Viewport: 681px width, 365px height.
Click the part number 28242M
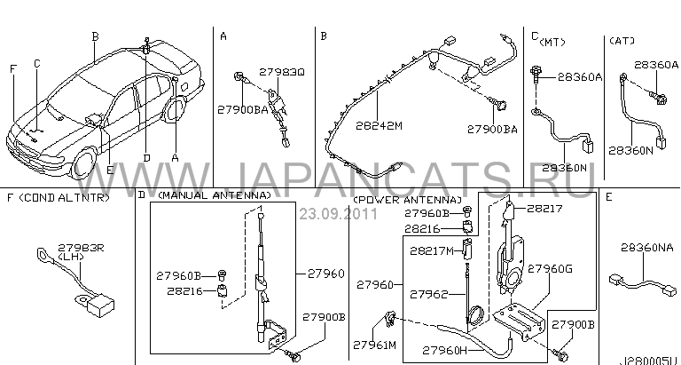(x=380, y=126)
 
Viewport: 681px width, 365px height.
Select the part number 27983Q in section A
(x=282, y=72)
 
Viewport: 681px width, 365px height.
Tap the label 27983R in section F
(x=82, y=248)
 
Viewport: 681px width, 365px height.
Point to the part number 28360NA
(x=647, y=248)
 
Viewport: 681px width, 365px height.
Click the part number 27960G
(x=550, y=269)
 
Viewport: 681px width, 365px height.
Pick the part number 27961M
(x=374, y=345)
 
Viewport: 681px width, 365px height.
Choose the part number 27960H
(x=445, y=350)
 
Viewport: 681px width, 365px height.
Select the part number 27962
(x=428, y=295)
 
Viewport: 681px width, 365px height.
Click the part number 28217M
(x=432, y=250)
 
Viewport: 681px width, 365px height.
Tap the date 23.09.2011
(x=338, y=214)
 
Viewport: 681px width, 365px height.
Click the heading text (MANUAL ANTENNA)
(x=214, y=195)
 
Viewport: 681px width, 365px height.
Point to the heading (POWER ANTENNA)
(x=407, y=200)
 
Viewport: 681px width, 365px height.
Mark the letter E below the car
(x=110, y=171)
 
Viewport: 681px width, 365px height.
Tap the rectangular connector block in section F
(x=101, y=307)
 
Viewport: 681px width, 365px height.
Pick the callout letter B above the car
(x=95, y=37)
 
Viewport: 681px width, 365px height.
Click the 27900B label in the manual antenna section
(x=324, y=317)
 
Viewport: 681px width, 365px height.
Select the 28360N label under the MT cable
(x=564, y=168)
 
